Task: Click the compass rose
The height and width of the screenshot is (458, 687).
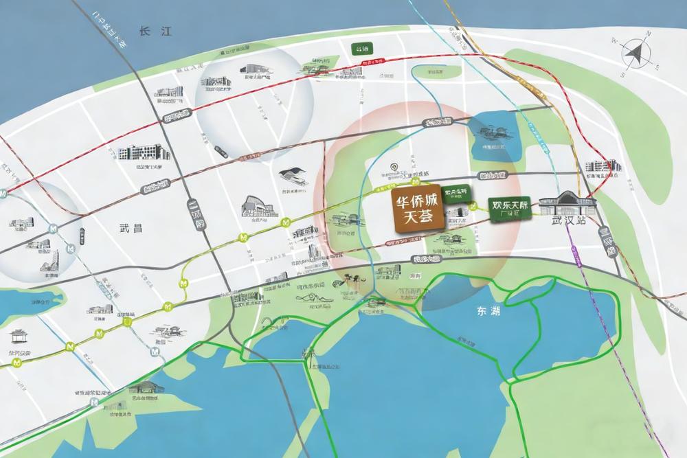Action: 636,54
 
